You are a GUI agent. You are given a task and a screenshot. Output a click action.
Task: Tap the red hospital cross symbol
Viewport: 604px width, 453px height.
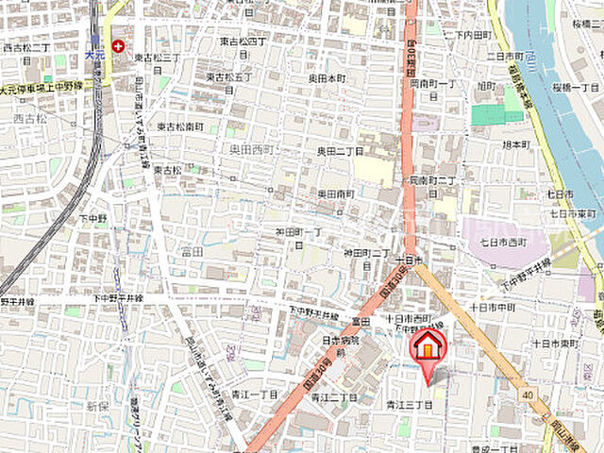point(118,45)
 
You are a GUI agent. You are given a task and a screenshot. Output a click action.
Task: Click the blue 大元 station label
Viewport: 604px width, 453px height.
point(92,56)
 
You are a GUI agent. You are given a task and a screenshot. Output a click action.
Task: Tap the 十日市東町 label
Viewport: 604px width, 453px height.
point(553,344)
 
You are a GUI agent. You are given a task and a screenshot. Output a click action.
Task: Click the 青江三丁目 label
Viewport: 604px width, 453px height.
point(408,405)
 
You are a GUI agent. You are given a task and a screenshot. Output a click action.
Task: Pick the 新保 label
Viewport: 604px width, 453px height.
point(97,406)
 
